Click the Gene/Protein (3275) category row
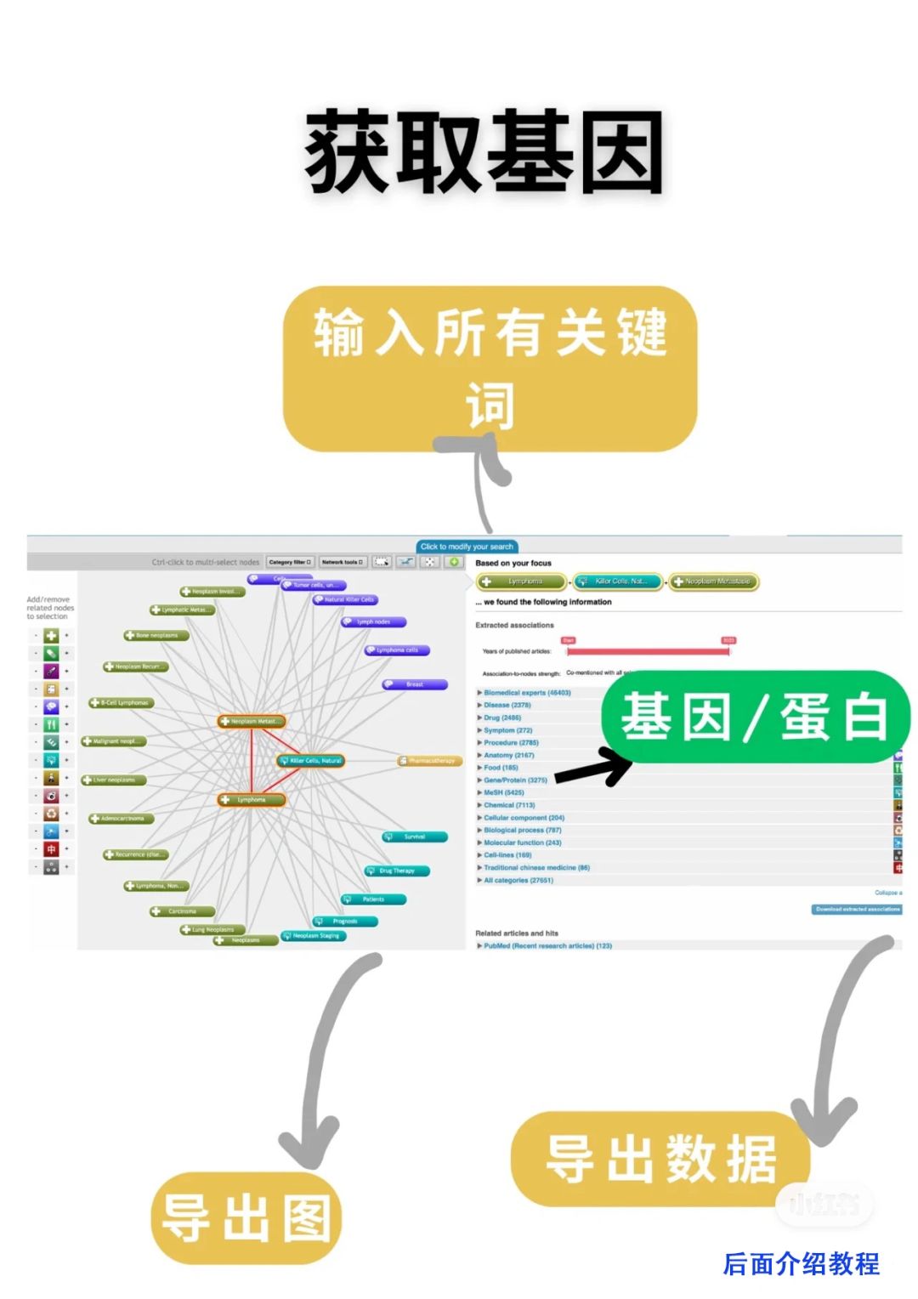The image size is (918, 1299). pos(516,780)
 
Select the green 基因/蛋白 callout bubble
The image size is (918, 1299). pos(755,717)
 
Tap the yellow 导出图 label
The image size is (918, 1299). pos(246,1218)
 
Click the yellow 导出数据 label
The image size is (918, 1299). pos(660,1159)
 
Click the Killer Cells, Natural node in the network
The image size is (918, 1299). pos(311,761)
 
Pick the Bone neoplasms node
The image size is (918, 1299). pos(156,635)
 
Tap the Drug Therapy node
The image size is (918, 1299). pos(396,871)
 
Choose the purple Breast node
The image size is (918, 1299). pos(414,684)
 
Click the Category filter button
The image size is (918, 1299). pos(291,562)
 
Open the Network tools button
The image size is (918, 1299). pos(343,562)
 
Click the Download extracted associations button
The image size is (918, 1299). pos(857,910)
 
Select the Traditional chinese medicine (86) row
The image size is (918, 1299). pos(536,868)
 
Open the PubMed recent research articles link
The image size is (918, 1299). pos(547,945)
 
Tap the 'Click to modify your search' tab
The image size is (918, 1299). pos(467,547)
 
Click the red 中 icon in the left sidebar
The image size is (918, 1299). pos(51,849)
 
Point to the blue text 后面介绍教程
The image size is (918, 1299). pos(801,1264)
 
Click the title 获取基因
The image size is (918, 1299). pos(484,153)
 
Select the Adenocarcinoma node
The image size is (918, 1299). pos(122,819)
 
